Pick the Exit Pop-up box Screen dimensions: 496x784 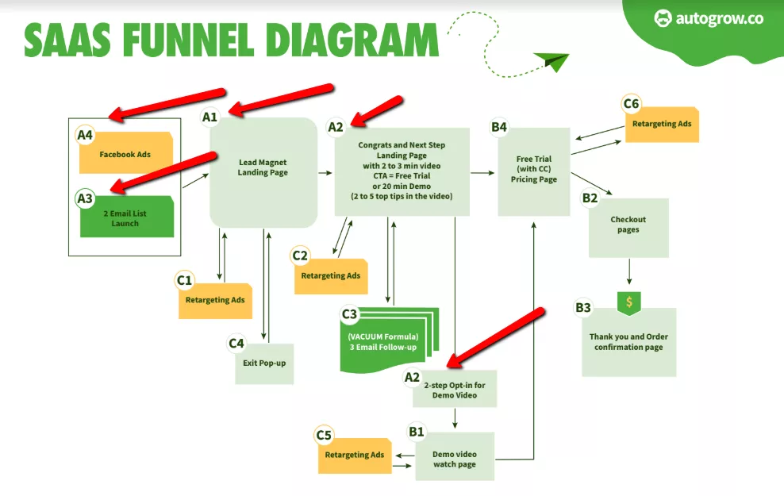point(264,363)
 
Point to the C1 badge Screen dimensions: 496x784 point(185,279)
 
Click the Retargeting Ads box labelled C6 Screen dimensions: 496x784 point(662,125)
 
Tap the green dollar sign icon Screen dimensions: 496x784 point(628,302)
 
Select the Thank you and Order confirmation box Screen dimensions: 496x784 point(628,342)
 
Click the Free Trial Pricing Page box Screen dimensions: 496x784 point(533,171)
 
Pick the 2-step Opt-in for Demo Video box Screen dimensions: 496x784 point(455,389)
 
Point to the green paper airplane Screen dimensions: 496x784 point(551,60)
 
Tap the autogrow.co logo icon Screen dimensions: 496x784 point(663,17)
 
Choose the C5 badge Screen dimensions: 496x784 point(324,435)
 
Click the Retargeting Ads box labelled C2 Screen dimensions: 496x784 point(331,276)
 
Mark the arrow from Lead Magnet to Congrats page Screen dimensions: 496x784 point(325,171)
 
